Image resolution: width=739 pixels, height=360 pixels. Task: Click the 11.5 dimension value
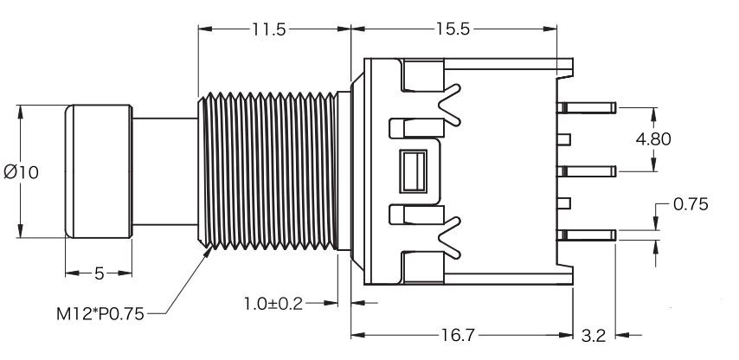click(268, 29)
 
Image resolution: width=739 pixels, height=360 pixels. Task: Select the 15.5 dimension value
click(453, 29)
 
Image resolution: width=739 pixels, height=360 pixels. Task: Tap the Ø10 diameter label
click(22, 172)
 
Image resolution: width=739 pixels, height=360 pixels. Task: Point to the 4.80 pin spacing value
click(653, 139)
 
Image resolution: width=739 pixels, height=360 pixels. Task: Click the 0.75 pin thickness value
click(691, 204)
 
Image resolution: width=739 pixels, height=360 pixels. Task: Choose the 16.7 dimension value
click(458, 336)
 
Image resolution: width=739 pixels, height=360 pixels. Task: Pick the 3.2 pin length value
click(593, 336)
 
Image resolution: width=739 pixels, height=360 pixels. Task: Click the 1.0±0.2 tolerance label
click(273, 304)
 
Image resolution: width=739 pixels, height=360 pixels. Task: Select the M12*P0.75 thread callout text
click(100, 314)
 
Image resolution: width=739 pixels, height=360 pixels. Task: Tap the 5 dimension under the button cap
click(99, 273)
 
